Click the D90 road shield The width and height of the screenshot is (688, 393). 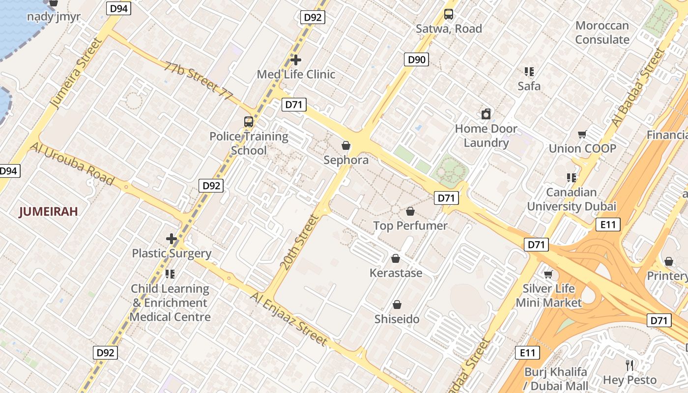[416, 60]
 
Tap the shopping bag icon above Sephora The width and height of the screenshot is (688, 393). [346, 145]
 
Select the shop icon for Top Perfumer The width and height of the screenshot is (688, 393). [410, 211]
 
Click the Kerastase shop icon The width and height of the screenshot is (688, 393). [396, 258]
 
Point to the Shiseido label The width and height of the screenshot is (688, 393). [397, 319]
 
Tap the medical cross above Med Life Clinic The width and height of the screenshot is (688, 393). [296, 60]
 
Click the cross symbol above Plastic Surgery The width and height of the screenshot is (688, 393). [171, 239]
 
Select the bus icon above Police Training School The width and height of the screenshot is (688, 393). [249, 122]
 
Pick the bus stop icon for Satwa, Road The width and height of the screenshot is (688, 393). [449, 14]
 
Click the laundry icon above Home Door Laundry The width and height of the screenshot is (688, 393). [486, 114]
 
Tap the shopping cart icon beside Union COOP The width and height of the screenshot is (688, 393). [582, 135]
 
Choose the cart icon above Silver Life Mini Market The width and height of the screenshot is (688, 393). [548, 274]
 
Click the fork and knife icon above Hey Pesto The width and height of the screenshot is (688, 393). [630, 365]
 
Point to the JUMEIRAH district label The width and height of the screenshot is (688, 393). [49, 212]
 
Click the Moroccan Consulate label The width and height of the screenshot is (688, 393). [602, 32]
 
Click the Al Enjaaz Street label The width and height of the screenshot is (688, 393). [288, 318]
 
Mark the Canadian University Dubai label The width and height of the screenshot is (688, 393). [572, 199]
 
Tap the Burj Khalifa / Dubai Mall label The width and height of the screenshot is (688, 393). [556, 378]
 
